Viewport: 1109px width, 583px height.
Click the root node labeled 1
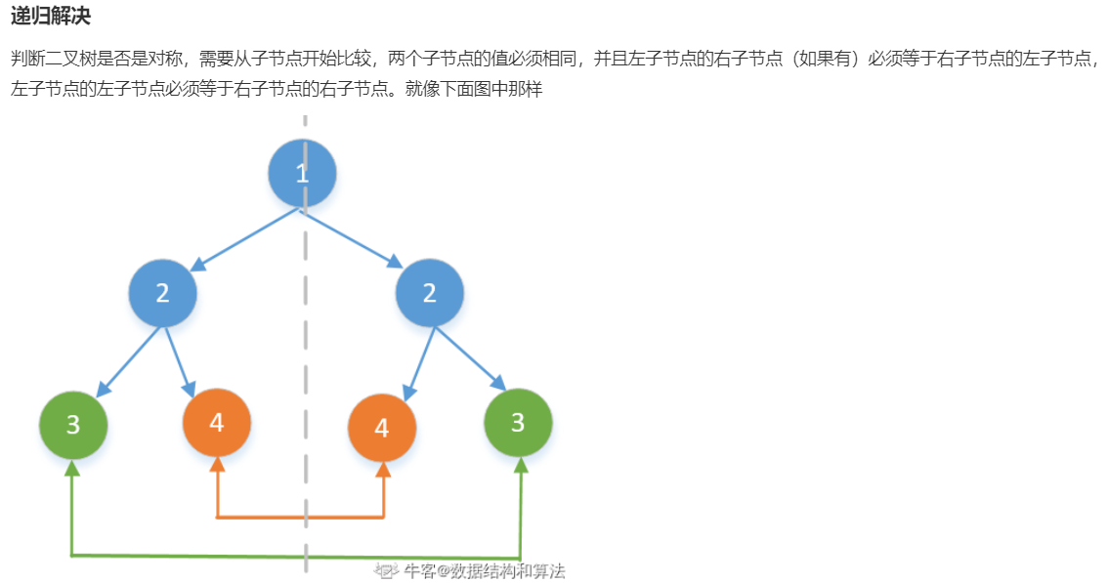pyautogui.click(x=302, y=173)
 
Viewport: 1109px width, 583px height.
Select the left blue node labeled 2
pyautogui.click(x=162, y=292)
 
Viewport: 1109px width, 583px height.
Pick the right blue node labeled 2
pyautogui.click(x=430, y=292)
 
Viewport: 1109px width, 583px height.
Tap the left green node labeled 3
pyautogui.click(x=73, y=425)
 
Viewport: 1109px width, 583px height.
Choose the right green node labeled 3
pyautogui.click(x=518, y=423)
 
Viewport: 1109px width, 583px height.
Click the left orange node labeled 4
pyautogui.click(x=217, y=423)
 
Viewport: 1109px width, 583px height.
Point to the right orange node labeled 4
pyautogui.click(x=382, y=428)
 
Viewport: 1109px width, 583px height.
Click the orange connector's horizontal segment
pyautogui.click(x=300, y=517)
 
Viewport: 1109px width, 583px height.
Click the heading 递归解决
pyautogui.click(x=50, y=17)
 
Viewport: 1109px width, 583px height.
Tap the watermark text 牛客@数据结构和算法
pyautogui.click(x=484, y=571)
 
